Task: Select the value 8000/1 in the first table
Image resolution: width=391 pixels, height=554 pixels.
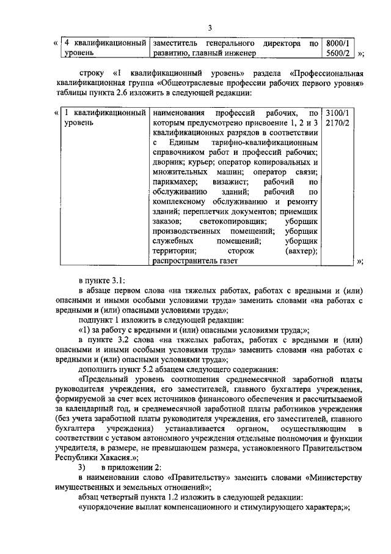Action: tap(337, 44)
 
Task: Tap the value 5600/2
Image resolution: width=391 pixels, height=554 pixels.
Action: tap(337, 54)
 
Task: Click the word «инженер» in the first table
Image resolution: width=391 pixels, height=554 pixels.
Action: tap(235, 54)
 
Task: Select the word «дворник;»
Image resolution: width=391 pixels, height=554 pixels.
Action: tap(169, 162)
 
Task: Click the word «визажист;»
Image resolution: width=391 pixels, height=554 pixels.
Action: tap(230, 182)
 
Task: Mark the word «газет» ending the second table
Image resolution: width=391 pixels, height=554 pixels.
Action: tap(227, 260)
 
